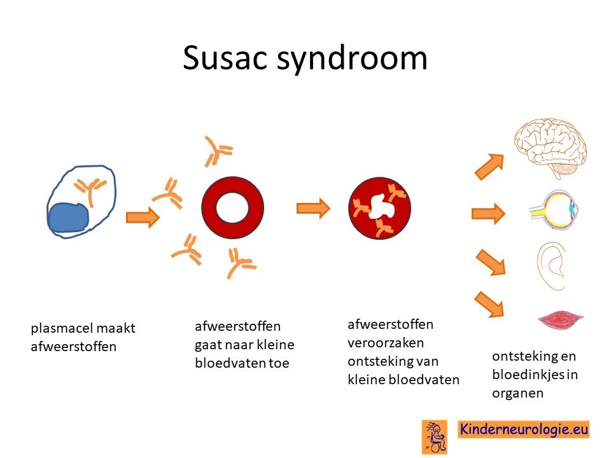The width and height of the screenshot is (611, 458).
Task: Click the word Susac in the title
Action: click(x=225, y=58)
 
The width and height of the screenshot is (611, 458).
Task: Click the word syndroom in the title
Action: click(x=352, y=59)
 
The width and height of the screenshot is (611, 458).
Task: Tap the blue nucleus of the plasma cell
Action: click(x=68, y=218)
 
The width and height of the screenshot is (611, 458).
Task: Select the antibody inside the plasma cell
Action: click(x=90, y=190)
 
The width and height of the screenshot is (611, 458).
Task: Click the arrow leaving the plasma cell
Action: click(x=143, y=217)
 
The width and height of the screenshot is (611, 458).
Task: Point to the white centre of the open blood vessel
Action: click(x=232, y=207)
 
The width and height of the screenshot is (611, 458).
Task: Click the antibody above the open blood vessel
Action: click(x=218, y=151)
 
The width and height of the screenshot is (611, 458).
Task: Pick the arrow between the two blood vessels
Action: click(x=313, y=208)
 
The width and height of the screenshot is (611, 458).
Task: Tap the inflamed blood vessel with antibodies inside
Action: click(x=379, y=208)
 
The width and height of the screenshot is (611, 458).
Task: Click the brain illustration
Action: click(x=550, y=148)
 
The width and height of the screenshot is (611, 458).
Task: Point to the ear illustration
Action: click(x=551, y=267)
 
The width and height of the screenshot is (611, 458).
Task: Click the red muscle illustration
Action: click(x=560, y=319)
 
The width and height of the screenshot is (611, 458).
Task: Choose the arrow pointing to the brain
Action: click(x=489, y=167)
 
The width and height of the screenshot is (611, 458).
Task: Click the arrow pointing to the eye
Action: click(x=488, y=214)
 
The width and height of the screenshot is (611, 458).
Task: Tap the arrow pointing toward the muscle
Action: click(x=489, y=304)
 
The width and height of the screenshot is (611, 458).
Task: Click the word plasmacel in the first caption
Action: click(x=62, y=328)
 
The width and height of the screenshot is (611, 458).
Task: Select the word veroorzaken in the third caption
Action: click(x=386, y=343)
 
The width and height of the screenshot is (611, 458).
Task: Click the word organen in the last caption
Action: click(x=517, y=393)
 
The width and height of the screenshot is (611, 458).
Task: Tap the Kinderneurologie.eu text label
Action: click(x=523, y=429)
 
